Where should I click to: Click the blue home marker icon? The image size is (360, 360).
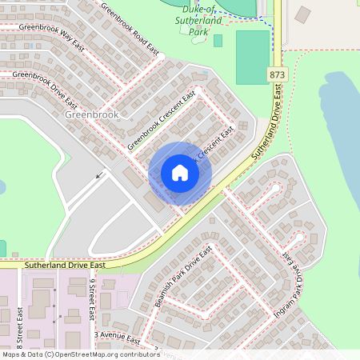pos(180,173)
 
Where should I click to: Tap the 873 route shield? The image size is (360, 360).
pos(277,74)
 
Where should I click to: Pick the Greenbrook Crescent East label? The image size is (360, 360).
pos(161,121)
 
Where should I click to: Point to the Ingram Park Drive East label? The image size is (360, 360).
pos(289,282)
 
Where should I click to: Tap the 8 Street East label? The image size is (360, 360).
pos(18,325)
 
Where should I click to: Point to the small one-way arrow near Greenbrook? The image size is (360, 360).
pos(100,174)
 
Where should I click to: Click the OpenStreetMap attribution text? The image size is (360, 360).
pos(80,354)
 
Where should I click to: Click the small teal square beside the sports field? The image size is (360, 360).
pos(218,40)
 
